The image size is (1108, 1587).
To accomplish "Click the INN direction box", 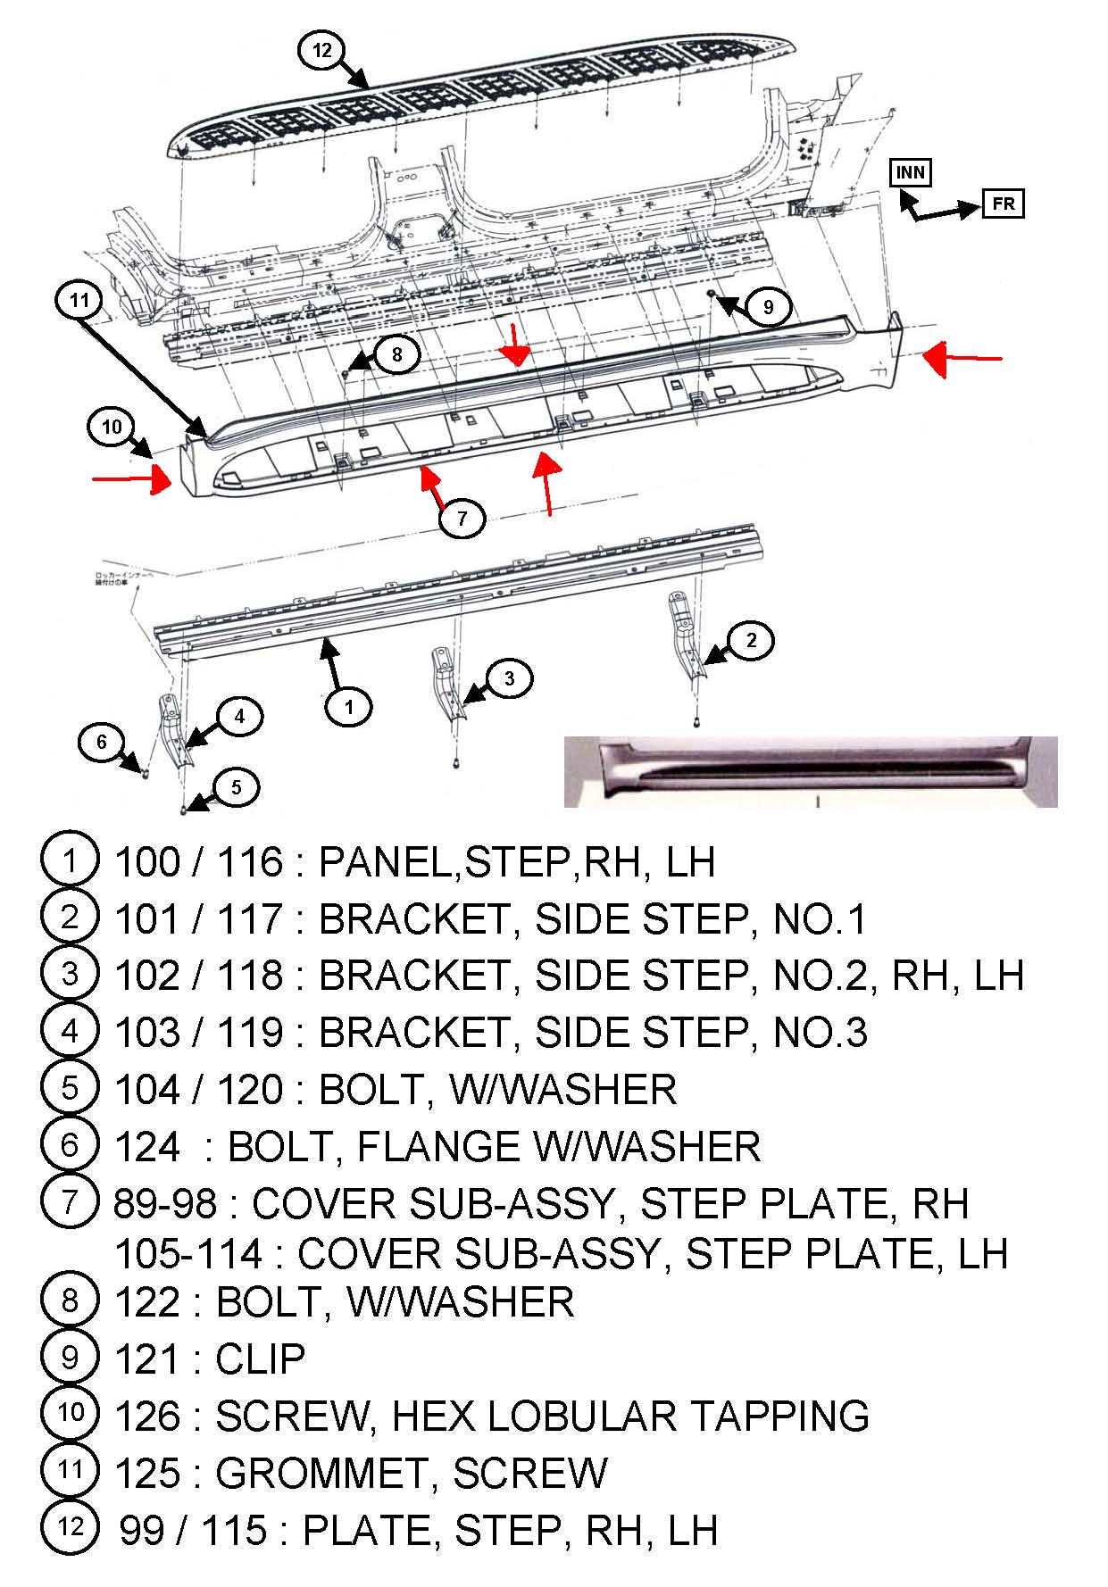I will (x=910, y=172).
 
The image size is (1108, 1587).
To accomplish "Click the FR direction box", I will (x=1002, y=204).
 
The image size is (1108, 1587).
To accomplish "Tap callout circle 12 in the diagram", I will (x=321, y=51).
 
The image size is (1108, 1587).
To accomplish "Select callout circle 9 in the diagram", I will (x=768, y=308).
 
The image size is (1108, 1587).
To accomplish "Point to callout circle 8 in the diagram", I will (x=396, y=354).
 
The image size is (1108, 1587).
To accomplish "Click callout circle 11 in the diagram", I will (x=80, y=301).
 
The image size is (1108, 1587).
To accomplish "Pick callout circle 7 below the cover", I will (x=462, y=518).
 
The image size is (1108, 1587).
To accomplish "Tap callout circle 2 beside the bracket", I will (x=751, y=640).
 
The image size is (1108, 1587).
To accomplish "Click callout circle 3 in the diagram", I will (x=509, y=678).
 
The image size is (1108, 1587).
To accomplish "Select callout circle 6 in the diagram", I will (x=101, y=742).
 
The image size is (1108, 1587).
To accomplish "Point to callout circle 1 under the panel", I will (x=349, y=707).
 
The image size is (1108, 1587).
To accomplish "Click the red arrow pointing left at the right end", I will (x=962, y=359).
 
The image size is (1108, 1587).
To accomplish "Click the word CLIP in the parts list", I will (x=260, y=1359).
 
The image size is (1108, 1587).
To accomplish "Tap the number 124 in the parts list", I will (x=147, y=1147).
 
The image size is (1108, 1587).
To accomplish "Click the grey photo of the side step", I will (x=810, y=771).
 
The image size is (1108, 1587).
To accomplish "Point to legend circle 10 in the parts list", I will (x=70, y=1413).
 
